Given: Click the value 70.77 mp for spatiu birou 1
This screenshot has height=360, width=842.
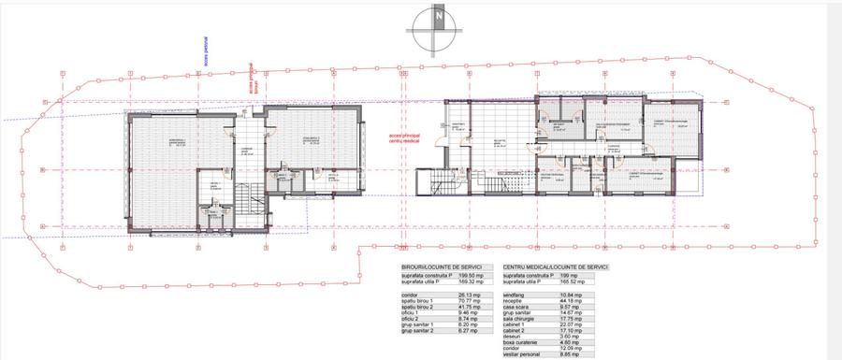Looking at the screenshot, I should (469, 302).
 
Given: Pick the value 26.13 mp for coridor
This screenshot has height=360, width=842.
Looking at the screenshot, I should (469, 295).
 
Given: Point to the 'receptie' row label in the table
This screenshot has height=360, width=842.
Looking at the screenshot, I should (515, 302).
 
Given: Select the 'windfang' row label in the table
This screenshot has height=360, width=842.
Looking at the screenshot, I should (516, 295).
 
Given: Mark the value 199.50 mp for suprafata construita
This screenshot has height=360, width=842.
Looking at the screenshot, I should (471, 277).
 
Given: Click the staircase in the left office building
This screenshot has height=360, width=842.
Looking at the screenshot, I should (248, 201).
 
